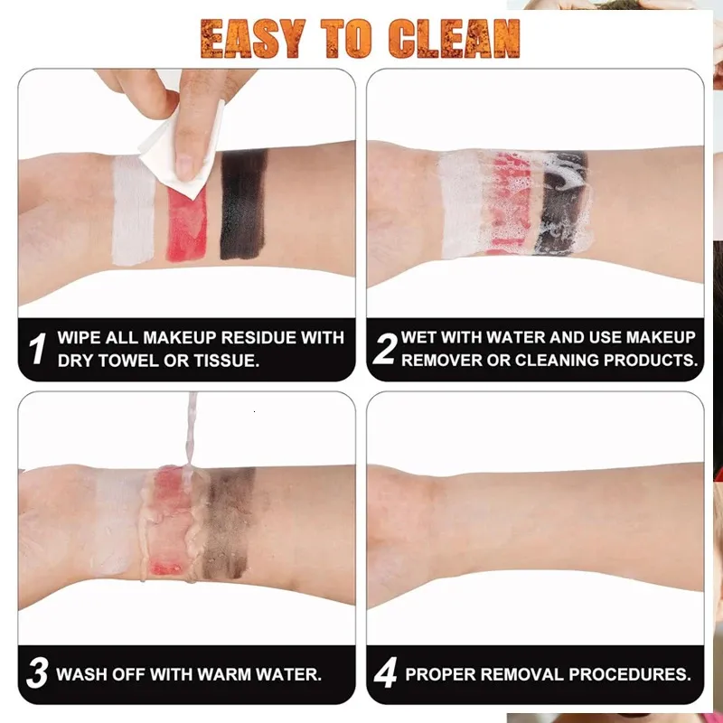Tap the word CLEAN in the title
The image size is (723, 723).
455,39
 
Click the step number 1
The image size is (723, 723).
37,349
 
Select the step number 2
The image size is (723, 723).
385,349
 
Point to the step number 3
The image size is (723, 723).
37,673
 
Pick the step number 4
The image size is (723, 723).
386,673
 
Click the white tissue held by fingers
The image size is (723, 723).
183,150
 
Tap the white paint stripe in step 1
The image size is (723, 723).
133,211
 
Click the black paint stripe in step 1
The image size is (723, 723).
243,204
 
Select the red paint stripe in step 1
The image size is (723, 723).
187,223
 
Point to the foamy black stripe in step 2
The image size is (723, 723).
561,202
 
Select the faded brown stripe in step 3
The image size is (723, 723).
230,523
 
